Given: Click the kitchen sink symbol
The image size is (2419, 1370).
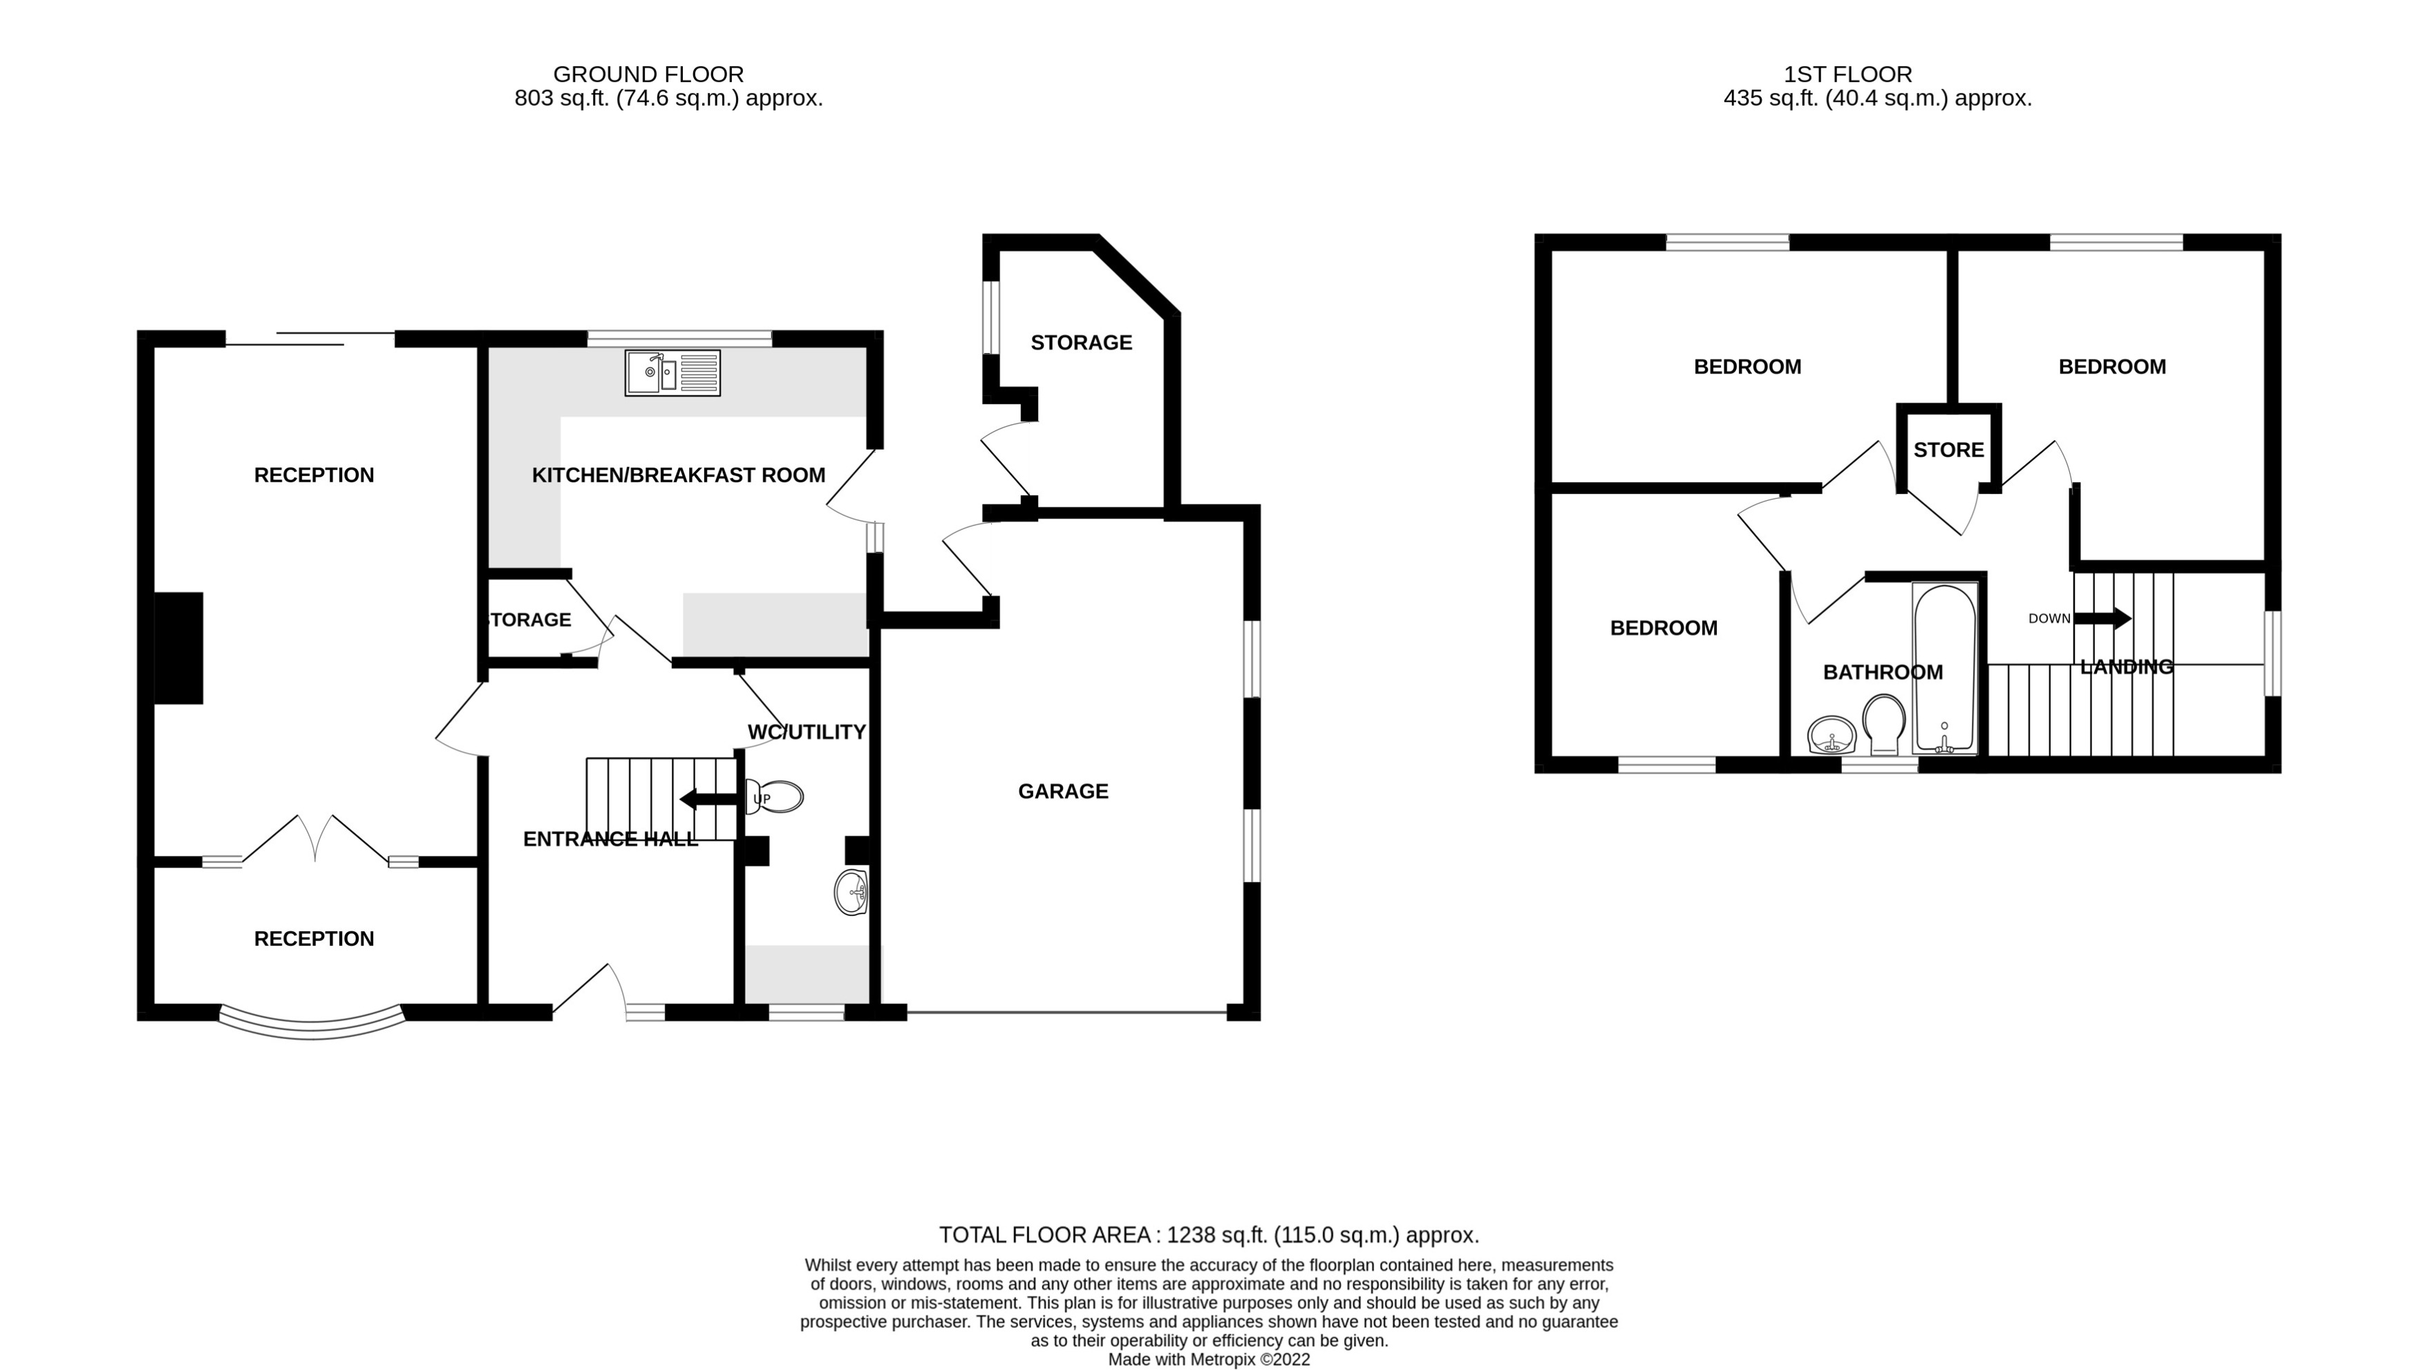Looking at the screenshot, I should (672, 372).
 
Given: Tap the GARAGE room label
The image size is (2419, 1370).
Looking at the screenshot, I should (1063, 791).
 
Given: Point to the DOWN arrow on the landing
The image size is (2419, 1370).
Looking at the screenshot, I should (2102, 618).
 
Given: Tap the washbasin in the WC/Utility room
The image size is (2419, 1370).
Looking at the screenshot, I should (851, 891).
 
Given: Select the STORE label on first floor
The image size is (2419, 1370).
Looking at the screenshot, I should (1948, 450).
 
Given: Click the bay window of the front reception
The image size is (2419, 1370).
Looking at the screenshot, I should (312, 1025).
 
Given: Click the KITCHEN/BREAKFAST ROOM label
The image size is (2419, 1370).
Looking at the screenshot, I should (678, 475).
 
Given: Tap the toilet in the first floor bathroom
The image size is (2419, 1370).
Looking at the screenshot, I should (1883, 723).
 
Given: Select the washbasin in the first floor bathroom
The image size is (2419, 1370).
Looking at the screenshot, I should (1831, 735).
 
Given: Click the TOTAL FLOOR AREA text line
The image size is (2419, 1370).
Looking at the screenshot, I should (1209, 1235).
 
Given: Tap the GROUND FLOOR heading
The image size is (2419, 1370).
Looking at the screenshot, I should (648, 75).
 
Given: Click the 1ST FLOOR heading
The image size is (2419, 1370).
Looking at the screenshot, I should (1847, 75).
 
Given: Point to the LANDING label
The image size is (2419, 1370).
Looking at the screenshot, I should (2125, 667).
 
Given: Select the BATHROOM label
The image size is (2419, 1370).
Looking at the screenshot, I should (1883, 672).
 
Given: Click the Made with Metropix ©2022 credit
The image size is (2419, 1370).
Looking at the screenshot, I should (1209, 1359).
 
